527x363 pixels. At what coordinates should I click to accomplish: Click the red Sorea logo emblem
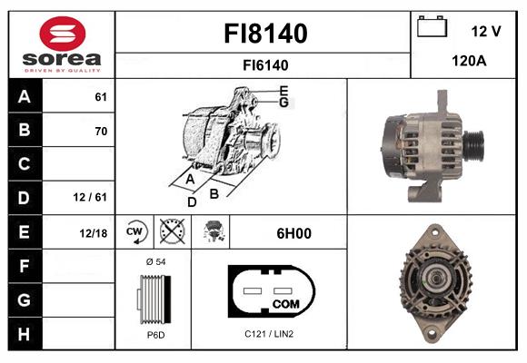(x=63, y=34)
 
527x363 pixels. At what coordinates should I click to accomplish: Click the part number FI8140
(x=265, y=34)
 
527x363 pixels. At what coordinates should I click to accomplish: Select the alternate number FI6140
(x=265, y=65)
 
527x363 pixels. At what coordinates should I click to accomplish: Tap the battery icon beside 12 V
(x=432, y=26)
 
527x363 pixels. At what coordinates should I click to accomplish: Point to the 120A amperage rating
(x=469, y=61)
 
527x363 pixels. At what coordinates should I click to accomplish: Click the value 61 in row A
(x=101, y=97)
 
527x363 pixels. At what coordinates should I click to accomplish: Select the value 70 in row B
(x=101, y=131)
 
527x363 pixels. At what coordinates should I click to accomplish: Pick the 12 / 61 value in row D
(x=90, y=197)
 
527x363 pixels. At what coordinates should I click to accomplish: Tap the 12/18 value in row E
(x=93, y=233)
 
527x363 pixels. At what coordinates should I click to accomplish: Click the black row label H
(x=24, y=334)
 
